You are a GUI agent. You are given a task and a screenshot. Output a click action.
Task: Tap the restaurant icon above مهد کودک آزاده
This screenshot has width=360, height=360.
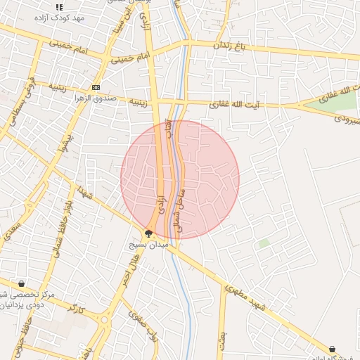59,6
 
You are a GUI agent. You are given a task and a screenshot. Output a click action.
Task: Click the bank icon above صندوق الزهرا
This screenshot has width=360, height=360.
96,88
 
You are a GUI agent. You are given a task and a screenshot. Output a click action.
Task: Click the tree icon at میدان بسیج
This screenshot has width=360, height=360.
148,233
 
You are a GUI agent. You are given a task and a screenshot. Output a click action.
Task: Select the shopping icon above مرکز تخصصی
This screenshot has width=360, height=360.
21,284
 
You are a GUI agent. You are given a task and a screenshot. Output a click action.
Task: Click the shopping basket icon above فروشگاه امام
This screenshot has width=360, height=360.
332,349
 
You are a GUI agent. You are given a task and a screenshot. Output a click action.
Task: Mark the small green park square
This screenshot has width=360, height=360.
264,243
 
